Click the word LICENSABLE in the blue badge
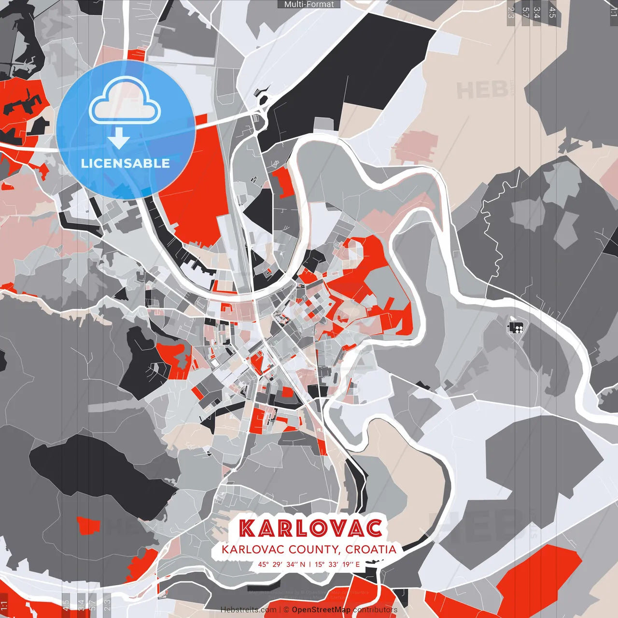[x=126, y=163]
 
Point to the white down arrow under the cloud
[x=119, y=138]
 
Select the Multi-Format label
[x=309, y=4]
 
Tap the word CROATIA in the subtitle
[x=371, y=549]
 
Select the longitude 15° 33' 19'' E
[x=337, y=564]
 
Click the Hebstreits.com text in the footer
[x=248, y=610]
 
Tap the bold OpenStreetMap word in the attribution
[x=321, y=610]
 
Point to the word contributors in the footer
[x=375, y=610]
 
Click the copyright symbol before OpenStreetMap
[x=286, y=610]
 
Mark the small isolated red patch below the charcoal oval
[x=88, y=525]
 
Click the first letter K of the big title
[x=248, y=528]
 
